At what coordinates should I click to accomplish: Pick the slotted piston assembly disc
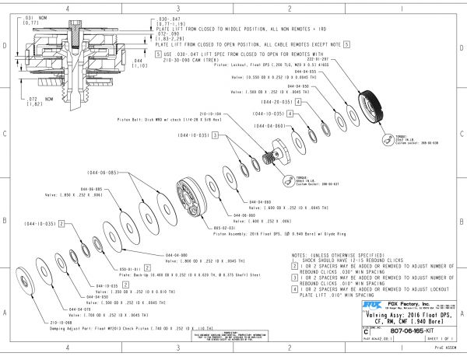(194, 199)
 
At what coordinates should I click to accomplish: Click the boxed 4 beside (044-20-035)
(299, 102)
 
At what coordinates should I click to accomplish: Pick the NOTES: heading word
(301, 253)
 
